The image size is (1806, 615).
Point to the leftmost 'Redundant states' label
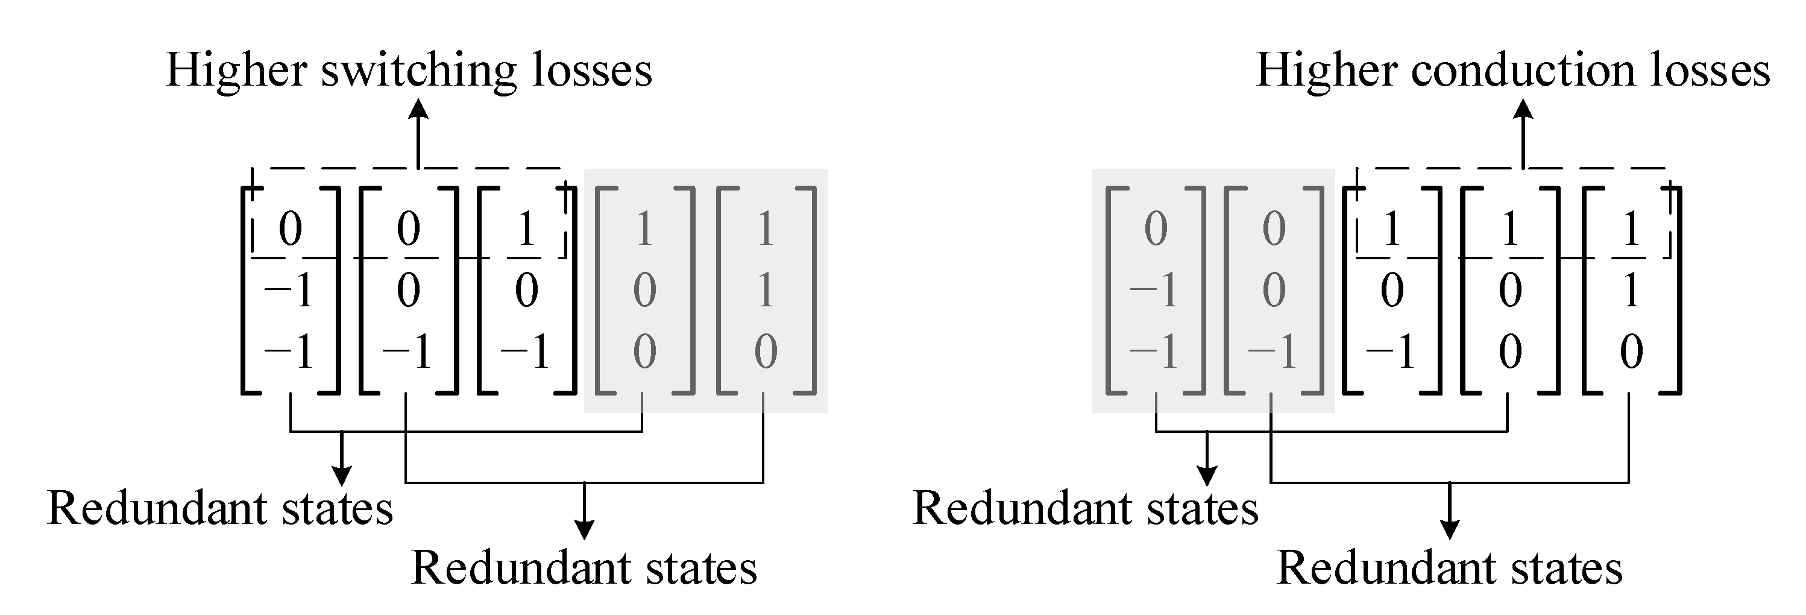220,508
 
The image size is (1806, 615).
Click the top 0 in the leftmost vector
291,229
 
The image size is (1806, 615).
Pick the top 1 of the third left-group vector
526,229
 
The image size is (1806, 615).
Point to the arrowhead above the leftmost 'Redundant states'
341,477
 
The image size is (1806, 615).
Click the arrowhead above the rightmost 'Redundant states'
1449,532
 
